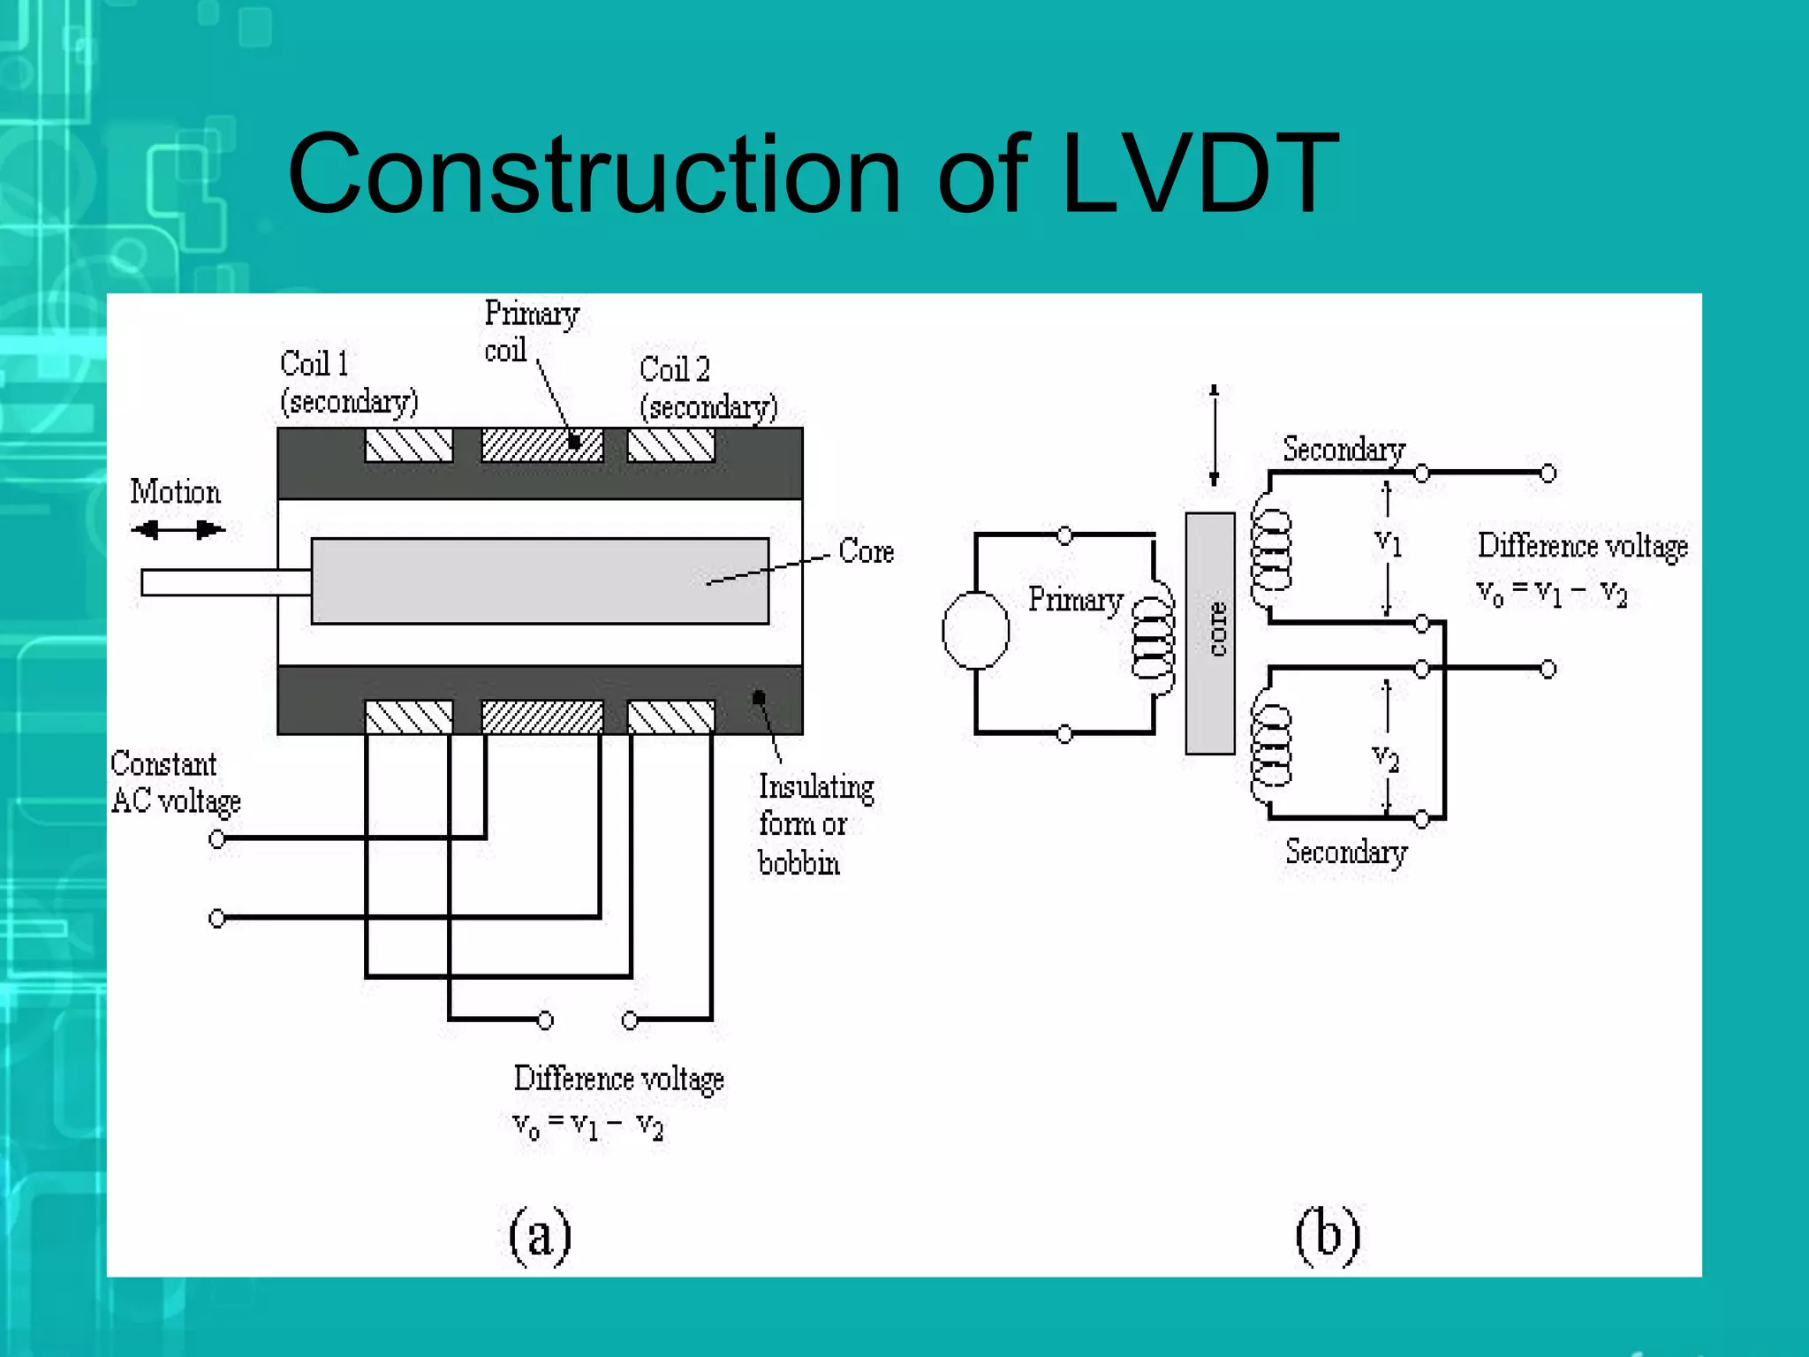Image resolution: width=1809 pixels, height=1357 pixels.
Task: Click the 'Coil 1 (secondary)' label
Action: click(348, 383)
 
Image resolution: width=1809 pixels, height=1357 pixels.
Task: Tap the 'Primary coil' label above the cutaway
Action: click(530, 331)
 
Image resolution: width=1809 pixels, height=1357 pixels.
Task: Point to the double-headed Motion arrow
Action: click(178, 530)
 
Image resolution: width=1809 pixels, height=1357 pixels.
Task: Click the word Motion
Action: click(175, 492)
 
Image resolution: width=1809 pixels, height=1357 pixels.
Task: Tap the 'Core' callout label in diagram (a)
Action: click(866, 551)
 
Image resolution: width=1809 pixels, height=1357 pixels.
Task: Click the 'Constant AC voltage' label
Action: click(174, 783)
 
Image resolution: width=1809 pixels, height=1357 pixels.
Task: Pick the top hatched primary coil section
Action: click(541, 445)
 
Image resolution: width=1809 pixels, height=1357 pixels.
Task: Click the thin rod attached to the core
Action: click(225, 582)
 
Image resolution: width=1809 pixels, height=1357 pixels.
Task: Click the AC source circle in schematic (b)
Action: click(975, 631)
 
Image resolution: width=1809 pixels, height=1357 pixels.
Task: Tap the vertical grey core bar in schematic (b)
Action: click(1209, 633)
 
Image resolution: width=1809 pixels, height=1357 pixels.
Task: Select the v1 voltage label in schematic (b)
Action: click(1389, 542)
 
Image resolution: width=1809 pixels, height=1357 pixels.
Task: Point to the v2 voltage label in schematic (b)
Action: click(1386, 758)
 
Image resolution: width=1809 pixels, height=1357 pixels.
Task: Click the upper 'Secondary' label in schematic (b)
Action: click(1344, 450)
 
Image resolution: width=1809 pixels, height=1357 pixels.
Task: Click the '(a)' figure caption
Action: click(540, 1234)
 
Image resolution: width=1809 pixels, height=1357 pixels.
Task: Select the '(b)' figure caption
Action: click(1328, 1234)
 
